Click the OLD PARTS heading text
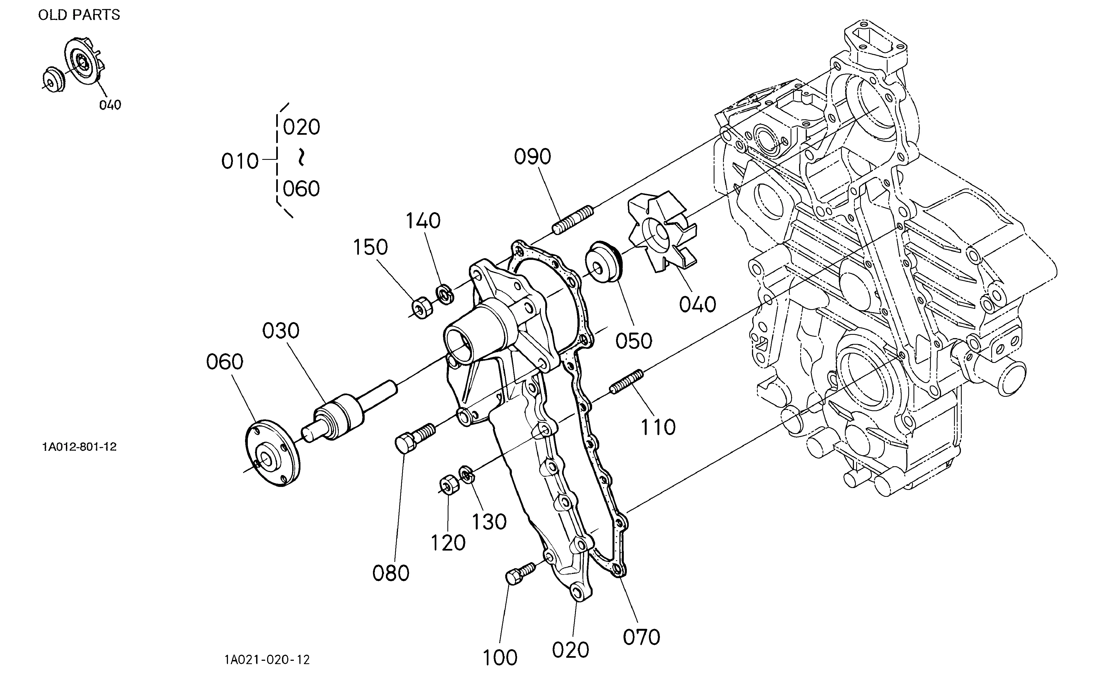79,15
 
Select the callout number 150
370,247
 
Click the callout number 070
641,637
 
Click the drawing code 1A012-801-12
79,447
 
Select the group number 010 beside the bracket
240,161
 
